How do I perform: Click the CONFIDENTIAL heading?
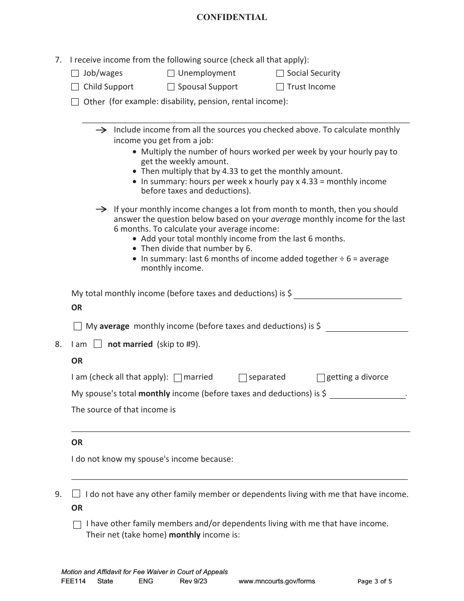coord(232,18)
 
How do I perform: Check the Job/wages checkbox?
coord(75,73)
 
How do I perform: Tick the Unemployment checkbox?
coord(171,73)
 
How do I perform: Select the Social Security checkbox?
coord(280,73)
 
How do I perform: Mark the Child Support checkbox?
coord(75,87)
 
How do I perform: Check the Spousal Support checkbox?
coord(171,87)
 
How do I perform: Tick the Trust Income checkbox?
coord(280,87)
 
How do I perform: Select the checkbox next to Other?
coord(75,102)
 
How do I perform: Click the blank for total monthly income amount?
coord(347,294)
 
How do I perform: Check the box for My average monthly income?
coord(77,326)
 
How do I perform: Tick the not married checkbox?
coord(98,344)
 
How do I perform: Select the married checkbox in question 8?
coord(178,378)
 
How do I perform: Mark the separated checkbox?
coord(243,378)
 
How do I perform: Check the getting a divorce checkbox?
coord(321,378)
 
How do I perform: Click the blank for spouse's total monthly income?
coord(367,394)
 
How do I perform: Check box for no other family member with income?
coord(76,494)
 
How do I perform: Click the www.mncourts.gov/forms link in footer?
coord(276,581)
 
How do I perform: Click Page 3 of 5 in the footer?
coord(375,581)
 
